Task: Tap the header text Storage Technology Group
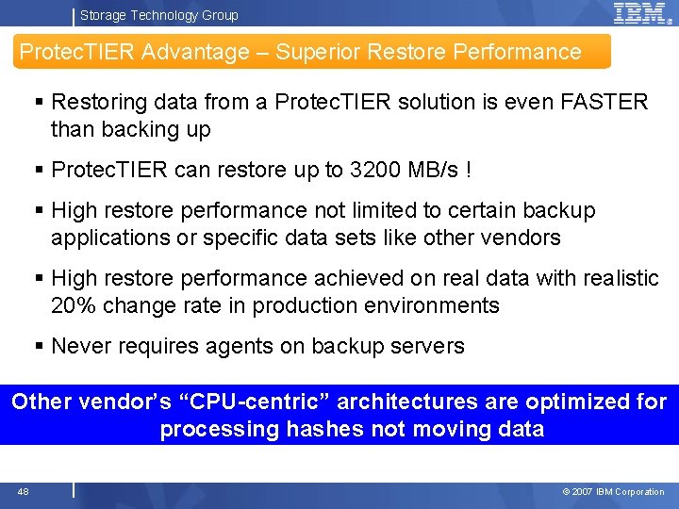click(158, 15)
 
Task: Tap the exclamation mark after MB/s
click(469, 170)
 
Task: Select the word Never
click(80, 346)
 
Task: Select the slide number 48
click(23, 491)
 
